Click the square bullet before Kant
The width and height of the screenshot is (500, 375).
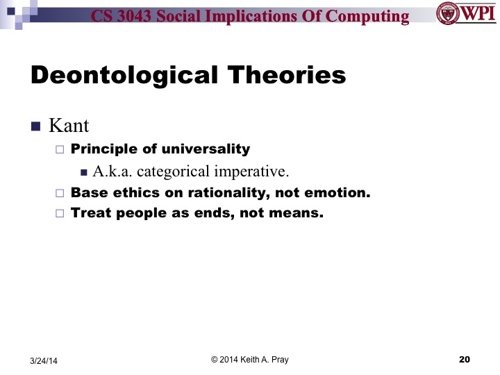pyautogui.click(x=36, y=126)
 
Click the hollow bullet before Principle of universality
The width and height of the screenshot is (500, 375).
pyautogui.click(x=59, y=149)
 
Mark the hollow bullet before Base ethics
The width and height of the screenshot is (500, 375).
pyautogui.click(x=59, y=193)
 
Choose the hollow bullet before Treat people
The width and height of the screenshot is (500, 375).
pyautogui.click(x=59, y=214)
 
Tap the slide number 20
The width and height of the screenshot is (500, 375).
pyautogui.click(x=465, y=359)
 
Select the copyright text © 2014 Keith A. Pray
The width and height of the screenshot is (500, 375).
pyautogui.click(x=249, y=359)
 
